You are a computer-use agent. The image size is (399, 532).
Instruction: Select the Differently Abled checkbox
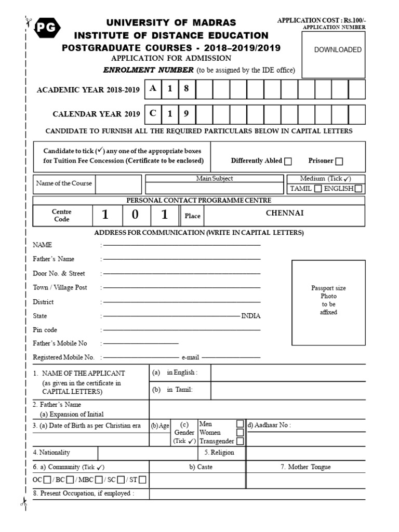(288, 161)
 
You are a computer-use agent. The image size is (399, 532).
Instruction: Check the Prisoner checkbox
(339, 161)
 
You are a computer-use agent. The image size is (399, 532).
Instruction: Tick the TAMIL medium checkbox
(318, 189)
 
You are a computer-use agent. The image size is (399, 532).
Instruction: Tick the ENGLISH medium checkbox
(358, 189)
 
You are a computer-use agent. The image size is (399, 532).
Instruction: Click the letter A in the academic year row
(152, 89)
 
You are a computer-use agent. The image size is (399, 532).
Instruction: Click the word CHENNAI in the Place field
(285, 213)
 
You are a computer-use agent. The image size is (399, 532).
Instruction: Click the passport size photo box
(328, 300)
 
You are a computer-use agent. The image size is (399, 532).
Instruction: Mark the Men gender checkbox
(240, 424)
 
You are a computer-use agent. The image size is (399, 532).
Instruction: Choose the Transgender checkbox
(240, 441)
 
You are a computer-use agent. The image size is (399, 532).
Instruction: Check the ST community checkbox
(142, 480)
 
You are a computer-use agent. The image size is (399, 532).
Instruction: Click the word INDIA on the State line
(251, 316)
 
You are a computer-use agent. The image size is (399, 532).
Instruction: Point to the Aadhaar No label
(269, 425)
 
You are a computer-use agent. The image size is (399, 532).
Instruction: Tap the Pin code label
(45, 330)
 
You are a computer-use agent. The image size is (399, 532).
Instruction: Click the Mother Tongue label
(305, 467)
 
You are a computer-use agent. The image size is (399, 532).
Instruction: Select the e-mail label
(190, 357)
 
